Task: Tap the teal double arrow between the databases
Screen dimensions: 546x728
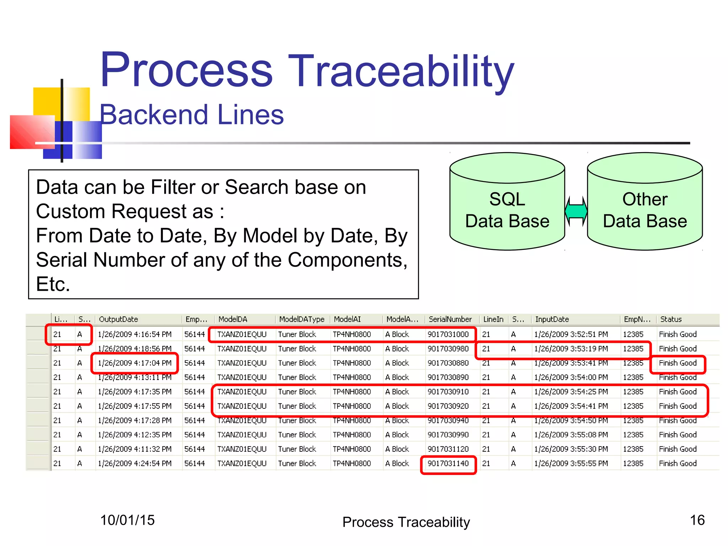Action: click(576, 211)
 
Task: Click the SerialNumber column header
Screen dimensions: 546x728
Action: click(450, 319)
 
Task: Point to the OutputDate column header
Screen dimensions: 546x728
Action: click(118, 319)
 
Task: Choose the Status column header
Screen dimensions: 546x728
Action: click(671, 319)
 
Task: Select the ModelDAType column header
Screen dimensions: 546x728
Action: click(301, 319)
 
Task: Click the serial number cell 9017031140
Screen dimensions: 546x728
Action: click(448, 464)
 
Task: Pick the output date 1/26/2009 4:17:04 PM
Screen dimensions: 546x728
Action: click(134, 363)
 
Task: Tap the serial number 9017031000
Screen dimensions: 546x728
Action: click(448, 334)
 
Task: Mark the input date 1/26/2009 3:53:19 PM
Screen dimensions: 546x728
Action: click(571, 349)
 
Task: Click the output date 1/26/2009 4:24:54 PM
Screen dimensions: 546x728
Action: click(134, 464)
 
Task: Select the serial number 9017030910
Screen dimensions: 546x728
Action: click(448, 392)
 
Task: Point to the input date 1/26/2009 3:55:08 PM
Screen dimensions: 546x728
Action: click(571, 435)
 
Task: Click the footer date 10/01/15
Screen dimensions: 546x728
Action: click(127, 520)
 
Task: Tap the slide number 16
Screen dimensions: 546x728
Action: click(697, 520)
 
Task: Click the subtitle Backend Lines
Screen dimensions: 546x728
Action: click(191, 115)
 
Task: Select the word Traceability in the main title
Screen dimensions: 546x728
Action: click(401, 71)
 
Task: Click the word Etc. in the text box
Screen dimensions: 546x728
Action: click(53, 284)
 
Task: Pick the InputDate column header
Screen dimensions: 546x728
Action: click(552, 319)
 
